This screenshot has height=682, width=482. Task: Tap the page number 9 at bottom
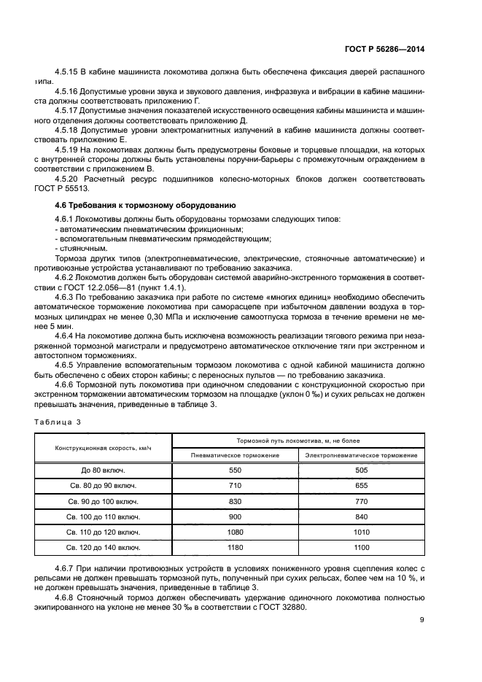pos(421,620)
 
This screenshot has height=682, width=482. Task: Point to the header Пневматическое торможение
pos(235,455)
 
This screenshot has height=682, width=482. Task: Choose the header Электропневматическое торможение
pos(362,455)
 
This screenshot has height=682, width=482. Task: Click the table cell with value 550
pos(235,470)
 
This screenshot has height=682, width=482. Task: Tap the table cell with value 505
pos(362,470)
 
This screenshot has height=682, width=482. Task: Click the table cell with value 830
pos(235,501)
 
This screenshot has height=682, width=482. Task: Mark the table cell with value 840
pos(362,516)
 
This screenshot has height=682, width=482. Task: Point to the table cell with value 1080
pos(235,532)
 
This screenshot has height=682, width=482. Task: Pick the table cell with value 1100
pos(362,547)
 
